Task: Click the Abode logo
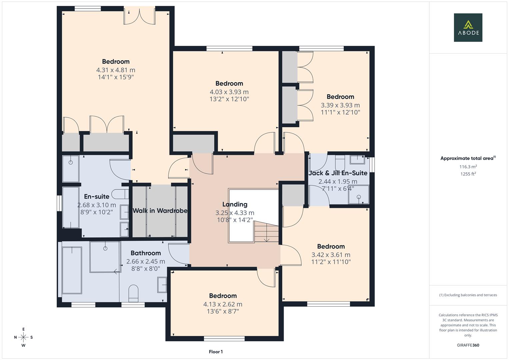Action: (x=468, y=27)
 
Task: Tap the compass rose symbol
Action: (x=23, y=337)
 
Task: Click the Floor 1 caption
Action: (x=216, y=352)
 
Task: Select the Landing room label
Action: (x=235, y=204)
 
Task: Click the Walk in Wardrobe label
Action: (x=160, y=211)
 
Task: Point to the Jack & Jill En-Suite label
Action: (x=338, y=173)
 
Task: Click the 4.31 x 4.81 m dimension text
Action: (x=116, y=70)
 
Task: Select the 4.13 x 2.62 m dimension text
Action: (x=223, y=304)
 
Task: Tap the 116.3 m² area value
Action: (x=468, y=167)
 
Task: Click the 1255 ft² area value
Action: (x=468, y=174)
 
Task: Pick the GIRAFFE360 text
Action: (x=468, y=345)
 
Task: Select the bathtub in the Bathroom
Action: (x=72, y=270)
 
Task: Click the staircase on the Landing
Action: (x=266, y=232)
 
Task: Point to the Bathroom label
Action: (x=146, y=253)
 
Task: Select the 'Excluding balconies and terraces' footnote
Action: (x=468, y=295)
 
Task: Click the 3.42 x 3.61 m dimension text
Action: (x=331, y=255)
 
